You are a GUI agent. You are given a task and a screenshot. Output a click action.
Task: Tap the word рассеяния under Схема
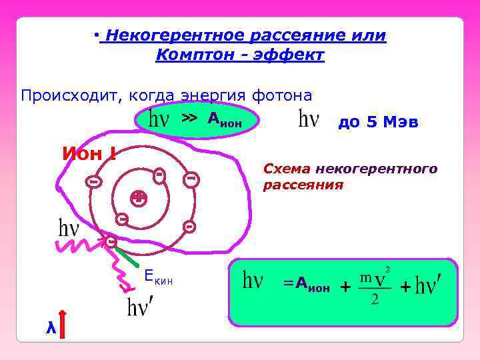click(x=303, y=185)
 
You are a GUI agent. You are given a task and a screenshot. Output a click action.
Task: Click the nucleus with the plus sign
click(x=138, y=196)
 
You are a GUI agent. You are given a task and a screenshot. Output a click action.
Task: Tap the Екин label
click(x=158, y=280)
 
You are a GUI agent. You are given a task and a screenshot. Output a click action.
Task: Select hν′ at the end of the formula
click(x=428, y=287)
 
